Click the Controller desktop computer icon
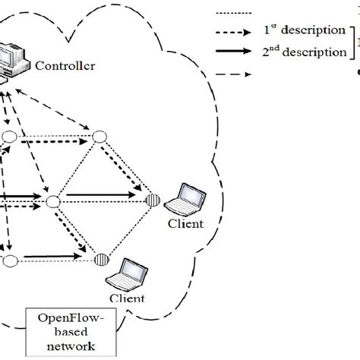pos(14,61)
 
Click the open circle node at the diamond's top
pos(97,137)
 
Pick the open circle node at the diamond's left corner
pos(52,201)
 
